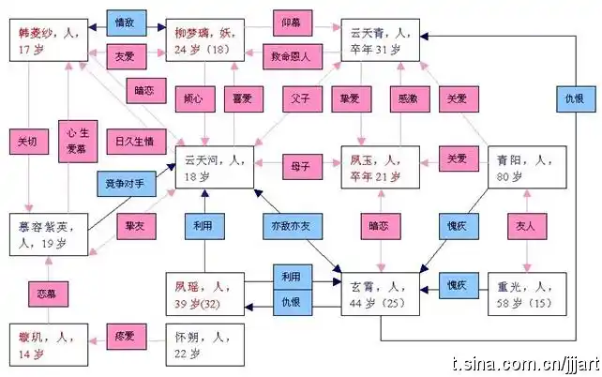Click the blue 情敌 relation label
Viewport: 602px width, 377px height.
tap(123, 20)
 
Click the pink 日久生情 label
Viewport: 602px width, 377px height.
tap(135, 142)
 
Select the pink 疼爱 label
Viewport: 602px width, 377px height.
tap(124, 335)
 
